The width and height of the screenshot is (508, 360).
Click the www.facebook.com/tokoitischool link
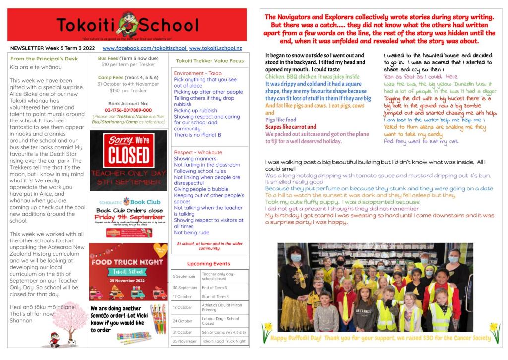(x=144, y=48)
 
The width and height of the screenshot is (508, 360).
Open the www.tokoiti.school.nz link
(x=215, y=48)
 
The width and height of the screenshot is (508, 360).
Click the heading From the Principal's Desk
(x=44, y=59)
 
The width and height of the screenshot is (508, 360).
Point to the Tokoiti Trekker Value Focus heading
(x=209, y=61)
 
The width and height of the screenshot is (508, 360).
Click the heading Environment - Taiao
(x=197, y=73)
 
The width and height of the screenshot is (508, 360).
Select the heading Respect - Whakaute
(x=198, y=152)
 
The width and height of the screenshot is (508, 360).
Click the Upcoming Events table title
(x=208, y=264)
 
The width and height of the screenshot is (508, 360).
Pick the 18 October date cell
(x=182, y=307)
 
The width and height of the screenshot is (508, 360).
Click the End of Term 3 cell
(x=214, y=288)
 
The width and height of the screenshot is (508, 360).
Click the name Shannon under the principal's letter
(x=21, y=320)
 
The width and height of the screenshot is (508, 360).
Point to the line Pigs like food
(x=281, y=120)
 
